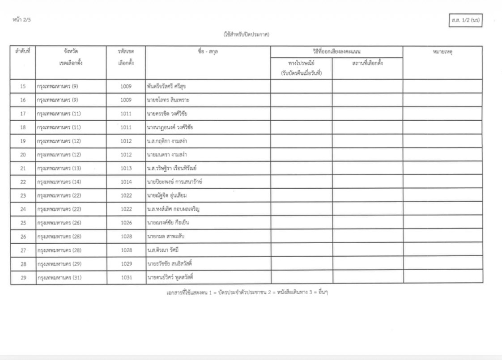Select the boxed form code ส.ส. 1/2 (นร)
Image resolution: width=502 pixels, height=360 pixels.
(x=465, y=21)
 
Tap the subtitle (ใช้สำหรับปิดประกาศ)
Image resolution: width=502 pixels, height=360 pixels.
(x=247, y=34)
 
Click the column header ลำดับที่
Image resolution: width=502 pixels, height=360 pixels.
(x=23, y=52)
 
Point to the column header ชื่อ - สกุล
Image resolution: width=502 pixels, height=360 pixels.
(x=208, y=52)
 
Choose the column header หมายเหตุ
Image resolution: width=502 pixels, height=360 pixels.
(x=442, y=52)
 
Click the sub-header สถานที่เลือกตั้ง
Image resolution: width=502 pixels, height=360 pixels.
(x=367, y=63)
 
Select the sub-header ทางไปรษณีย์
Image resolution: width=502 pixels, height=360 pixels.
(x=301, y=63)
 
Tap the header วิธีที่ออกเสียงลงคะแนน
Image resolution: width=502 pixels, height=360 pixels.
(x=336, y=51)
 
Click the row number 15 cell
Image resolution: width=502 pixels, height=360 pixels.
(x=23, y=86)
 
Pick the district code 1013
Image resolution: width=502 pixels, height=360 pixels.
(x=126, y=169)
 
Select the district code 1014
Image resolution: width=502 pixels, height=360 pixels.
(x=126, y=182)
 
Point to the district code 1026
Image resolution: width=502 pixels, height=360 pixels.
(x=126, y=223)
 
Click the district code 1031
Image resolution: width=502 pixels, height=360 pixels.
(x=126, y=278)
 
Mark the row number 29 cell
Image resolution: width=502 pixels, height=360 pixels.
(x=23, y=278)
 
